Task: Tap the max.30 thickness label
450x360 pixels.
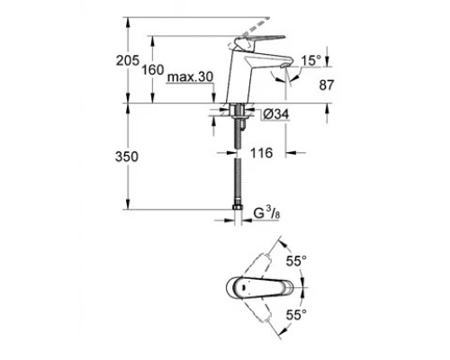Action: [x=190, y=78]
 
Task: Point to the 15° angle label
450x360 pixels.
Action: [x=310, y=60]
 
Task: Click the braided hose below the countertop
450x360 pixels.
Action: [x=238, y=171]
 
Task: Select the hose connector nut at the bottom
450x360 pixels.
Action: [x=238, y=214]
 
